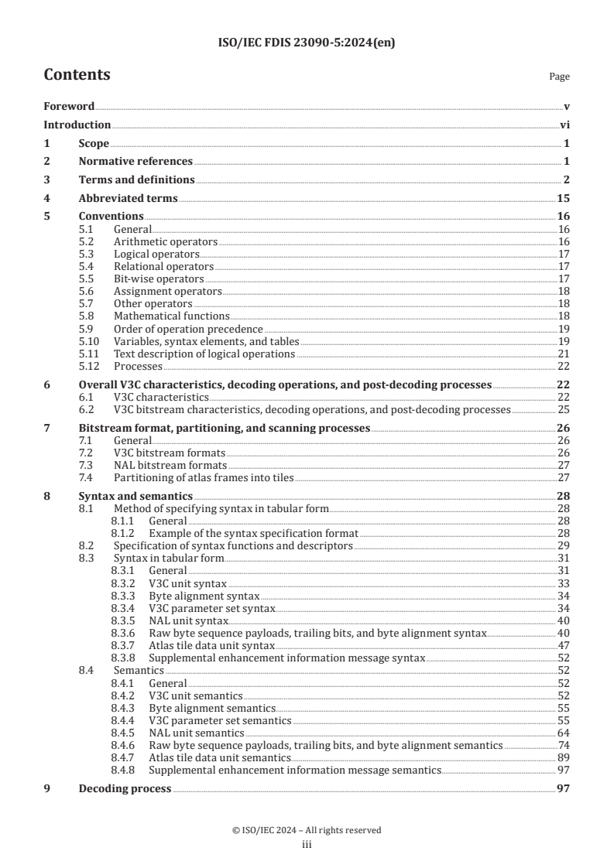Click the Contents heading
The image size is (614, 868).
pyautogui.click(x=77, y=75)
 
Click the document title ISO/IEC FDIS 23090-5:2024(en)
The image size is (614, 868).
pyautogui.click(x=307, y=43)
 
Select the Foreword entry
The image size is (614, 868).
pyautogui.click(x=69, y=106)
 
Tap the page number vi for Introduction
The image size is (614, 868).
pyautogui.click(x=564, y=125)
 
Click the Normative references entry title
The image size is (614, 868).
pyautogui.click(x=135, y=161)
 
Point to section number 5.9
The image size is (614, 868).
pyautogui.click(x=89, y=329)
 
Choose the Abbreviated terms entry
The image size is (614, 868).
pyautogui.click(x=128, y=198)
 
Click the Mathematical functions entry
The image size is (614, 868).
pyautogui.click(x=171, y=316)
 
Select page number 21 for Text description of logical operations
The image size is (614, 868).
pyautogui.click(x=564, y=354)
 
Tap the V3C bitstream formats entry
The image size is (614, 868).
pyautogui.click(x=170, y=453)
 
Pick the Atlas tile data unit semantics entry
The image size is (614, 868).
pyautogui.click(x=219, y=758)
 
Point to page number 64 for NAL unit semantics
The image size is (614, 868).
pyautogui.click(x=564, y=733)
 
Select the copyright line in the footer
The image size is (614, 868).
pyautogui.click(x=307, y=831)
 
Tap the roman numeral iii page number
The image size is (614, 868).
pyautogui.click(x=307, y=845)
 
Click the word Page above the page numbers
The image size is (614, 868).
pyautogui.click(x=559, y=77)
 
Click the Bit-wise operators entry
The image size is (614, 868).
pyautogui.click(x=159, y=279)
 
